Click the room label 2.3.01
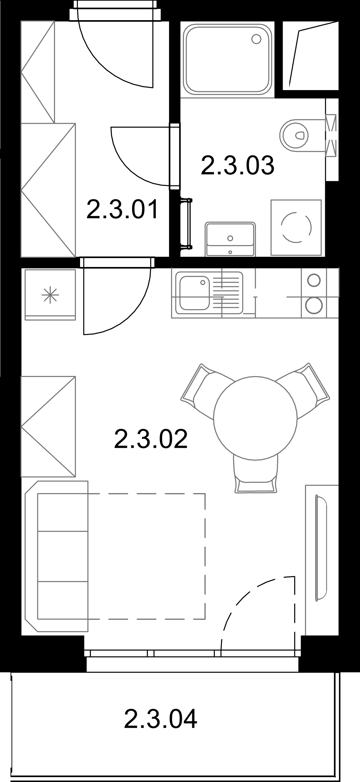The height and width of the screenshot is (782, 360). click(123, 209)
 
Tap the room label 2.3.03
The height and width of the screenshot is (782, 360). click(237, 165)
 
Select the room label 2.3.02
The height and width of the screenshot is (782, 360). click(151, 439)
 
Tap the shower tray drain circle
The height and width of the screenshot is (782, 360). click(256, 39)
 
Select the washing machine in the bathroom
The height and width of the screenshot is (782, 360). click(296, 228)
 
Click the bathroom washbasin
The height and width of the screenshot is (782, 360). click(230, 239)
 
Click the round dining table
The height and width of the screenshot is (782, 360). click(255, 418)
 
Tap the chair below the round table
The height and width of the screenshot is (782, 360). click(256, 474)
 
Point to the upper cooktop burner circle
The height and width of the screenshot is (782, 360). click(314, 280)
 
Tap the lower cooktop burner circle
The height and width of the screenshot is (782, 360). click(314, 305)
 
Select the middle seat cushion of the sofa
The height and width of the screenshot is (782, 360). click(63, 556)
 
